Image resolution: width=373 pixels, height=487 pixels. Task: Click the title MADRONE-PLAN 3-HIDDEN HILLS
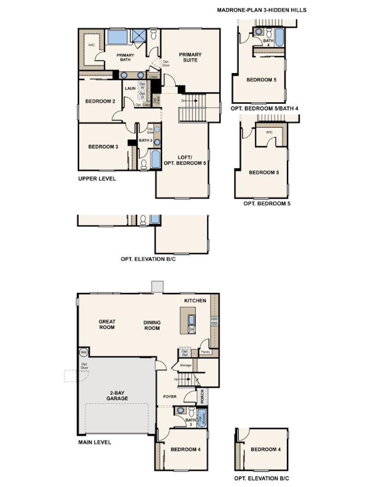[x=262, y=10]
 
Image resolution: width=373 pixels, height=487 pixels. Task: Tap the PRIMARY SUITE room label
[x=190, y=57]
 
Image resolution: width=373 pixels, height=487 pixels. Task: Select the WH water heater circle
[x=83, y=352]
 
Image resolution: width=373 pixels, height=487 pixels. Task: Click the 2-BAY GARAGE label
[x=117, y=395]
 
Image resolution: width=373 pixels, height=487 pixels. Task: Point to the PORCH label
[x=201, y=397]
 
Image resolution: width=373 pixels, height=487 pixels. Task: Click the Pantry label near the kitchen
[x=205, y=352]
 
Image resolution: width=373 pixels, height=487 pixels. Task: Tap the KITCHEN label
[x=195, y=301]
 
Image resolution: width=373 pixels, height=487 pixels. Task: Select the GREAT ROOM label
[x=107, y=325]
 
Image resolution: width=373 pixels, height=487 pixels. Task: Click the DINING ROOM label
[x=152, y=325]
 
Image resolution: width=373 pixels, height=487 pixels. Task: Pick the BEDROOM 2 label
[x=100, y=101]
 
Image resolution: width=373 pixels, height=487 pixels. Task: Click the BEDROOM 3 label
[x=103, y=147]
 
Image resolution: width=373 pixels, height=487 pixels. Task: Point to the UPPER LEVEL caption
[x=97, y=179]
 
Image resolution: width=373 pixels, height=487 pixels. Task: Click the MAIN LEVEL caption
[x=94, y=442]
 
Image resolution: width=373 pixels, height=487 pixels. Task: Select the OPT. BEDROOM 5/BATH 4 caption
[x=265, y=108]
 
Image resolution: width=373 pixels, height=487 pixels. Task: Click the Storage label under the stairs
[x=186, y=365]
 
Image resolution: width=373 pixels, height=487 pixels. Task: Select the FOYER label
[x=170, y=396]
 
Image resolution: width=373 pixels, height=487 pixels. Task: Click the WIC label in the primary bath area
[x=92, y=45]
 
